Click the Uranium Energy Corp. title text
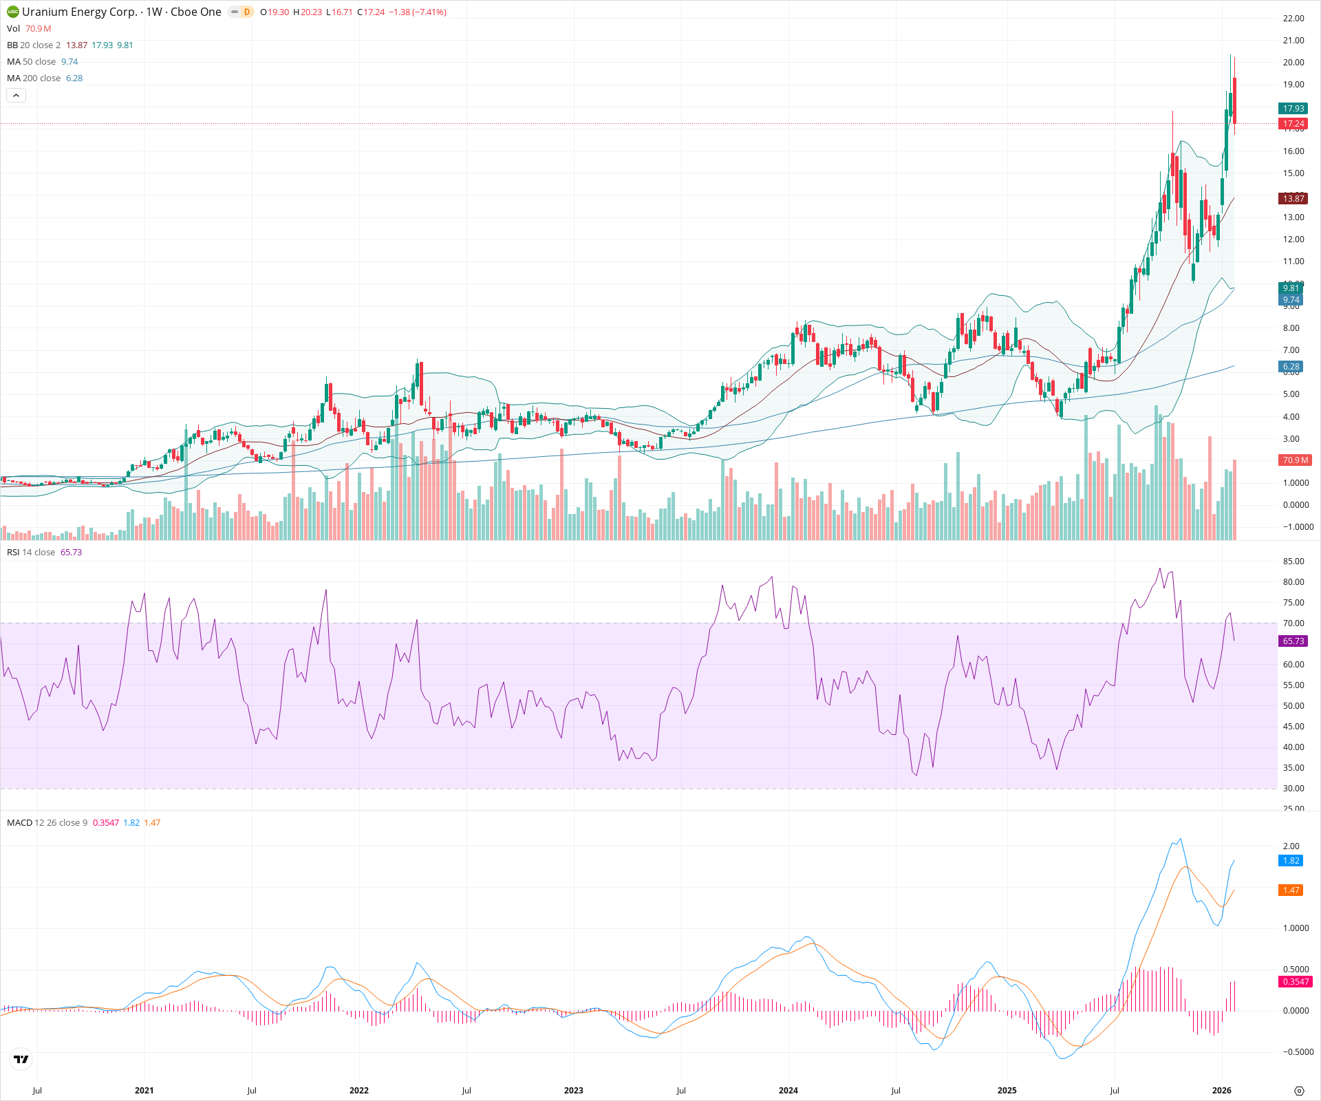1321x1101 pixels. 80,12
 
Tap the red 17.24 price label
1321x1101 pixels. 1293,124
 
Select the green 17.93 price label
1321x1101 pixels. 1293,109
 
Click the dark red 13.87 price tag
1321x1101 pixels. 1293,199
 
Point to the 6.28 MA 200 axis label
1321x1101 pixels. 1291,367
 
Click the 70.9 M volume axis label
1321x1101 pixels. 1295,460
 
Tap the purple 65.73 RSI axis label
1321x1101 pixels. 1293,641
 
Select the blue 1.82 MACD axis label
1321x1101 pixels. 1291,861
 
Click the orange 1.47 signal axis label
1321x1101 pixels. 1291,890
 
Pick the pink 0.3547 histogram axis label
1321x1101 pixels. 1295,982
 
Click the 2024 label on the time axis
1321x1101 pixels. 788,1091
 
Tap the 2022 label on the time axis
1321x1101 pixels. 358,1091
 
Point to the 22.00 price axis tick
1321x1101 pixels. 1293,19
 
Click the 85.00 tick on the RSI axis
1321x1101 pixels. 1293,562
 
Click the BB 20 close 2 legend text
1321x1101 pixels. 34,45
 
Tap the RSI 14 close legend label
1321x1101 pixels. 31,553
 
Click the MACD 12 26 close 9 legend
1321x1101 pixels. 47,823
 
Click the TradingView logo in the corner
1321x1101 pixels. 21,1059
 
